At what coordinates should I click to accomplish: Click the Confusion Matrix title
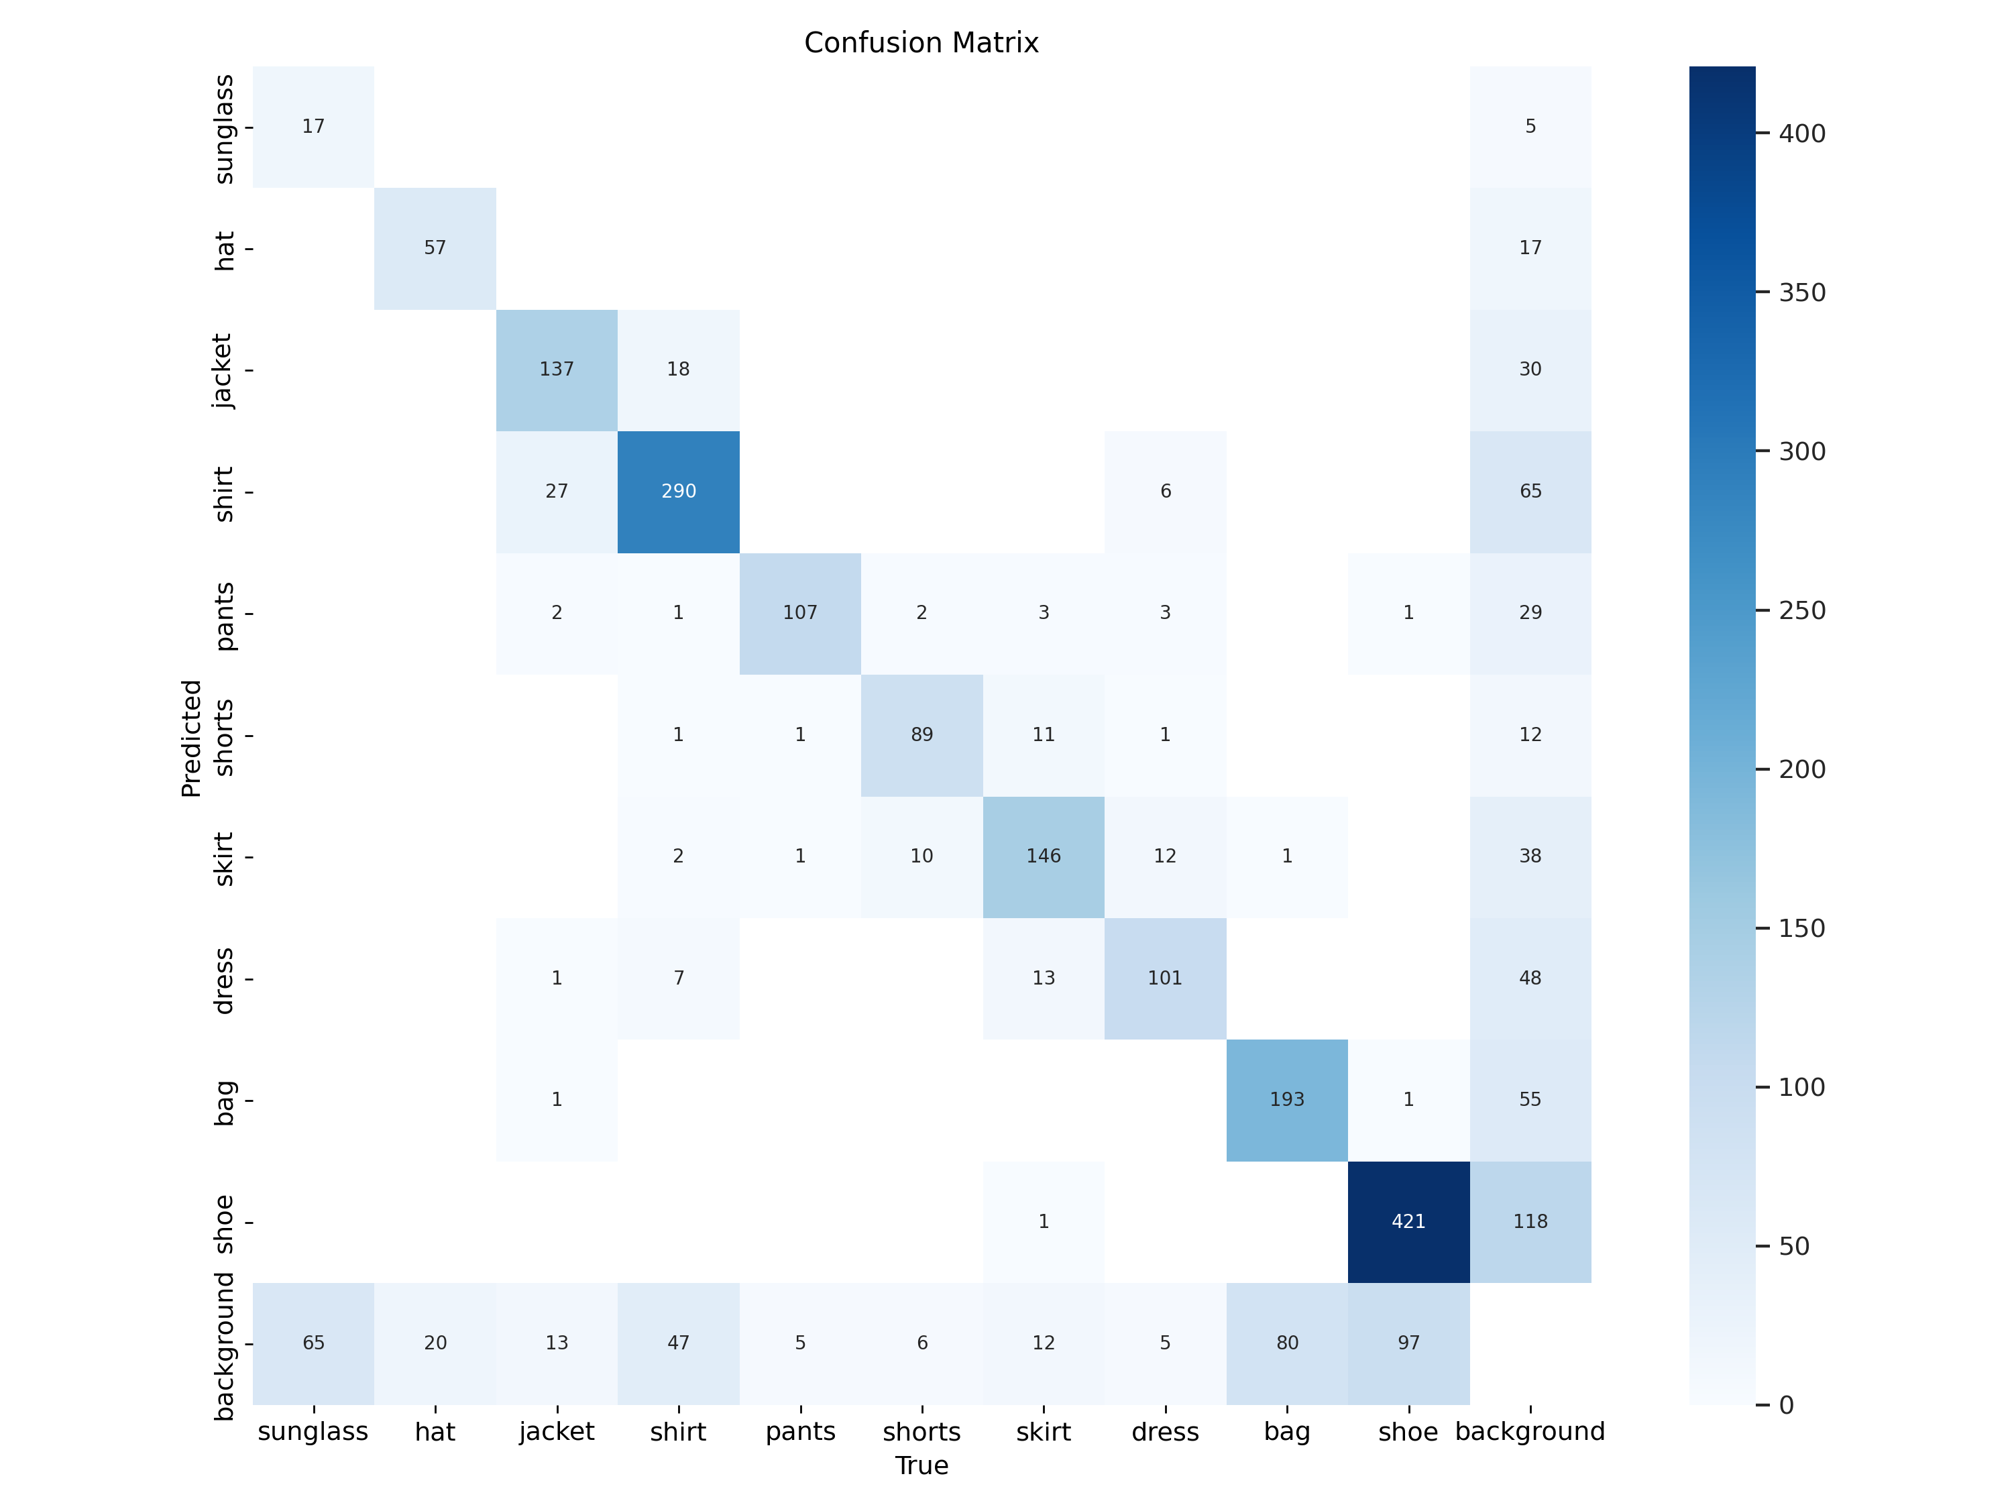point(921,43)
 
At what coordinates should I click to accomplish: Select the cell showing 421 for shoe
point(1408,1221)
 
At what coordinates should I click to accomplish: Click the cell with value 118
point(1530,1221)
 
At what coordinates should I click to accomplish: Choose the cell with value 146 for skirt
point(1044,856)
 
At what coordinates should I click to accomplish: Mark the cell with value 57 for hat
point(435,247)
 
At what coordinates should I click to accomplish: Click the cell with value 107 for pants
point(799,613)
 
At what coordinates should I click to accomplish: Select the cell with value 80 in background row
point(1286,1343)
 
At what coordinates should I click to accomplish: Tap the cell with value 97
point(1408,1343)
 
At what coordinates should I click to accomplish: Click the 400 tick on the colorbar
point(1801,133)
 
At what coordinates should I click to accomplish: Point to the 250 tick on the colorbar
point(1801,610)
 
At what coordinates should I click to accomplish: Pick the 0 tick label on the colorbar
point(1787,1405)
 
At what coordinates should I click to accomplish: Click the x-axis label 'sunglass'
point(313,1432)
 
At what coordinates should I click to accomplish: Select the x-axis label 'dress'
point(1165,1432)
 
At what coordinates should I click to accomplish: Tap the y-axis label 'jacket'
point(223,370)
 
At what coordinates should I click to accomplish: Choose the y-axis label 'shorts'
point(223,737)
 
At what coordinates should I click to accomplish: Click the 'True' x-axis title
point(921,1465)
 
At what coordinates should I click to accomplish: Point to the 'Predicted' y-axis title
point(191,738)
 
